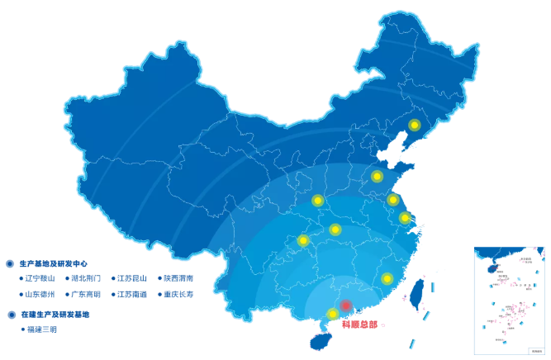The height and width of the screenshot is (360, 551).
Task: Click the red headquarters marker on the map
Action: click(x=346, y=306)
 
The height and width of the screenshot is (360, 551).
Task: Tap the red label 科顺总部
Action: click(x=359, y=324)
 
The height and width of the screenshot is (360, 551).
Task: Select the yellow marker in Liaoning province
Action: click(x=415, y=126)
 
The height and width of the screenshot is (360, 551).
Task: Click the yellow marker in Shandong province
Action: click(x=377, y=176)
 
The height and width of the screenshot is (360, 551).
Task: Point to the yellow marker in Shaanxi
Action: click(x=317, y=200)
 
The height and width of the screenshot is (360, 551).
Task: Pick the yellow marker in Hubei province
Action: click(x=335, y=229)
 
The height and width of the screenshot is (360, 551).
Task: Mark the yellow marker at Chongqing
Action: click(x=303, y=241)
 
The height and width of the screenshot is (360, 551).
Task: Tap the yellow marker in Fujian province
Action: click(x=387, y=278)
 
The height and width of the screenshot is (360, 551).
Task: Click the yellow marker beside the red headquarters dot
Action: click(x=332, y=313)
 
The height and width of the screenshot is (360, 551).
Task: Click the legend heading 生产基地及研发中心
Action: click(x=53, y=263)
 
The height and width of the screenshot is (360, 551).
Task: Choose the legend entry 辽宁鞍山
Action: click(x=39, y=278)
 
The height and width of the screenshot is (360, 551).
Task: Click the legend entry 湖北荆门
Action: click(x=86, y=278)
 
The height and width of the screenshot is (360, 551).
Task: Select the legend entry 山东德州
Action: click(x=39, y=294)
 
